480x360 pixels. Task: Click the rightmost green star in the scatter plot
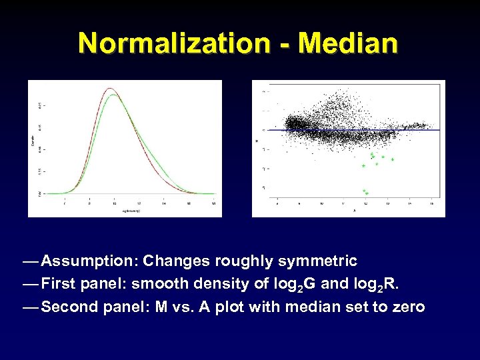click(393, 159)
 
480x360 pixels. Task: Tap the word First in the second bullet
click(59, 284)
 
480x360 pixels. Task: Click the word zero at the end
click(408, 307)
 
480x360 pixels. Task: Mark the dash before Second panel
click(30, 307)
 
